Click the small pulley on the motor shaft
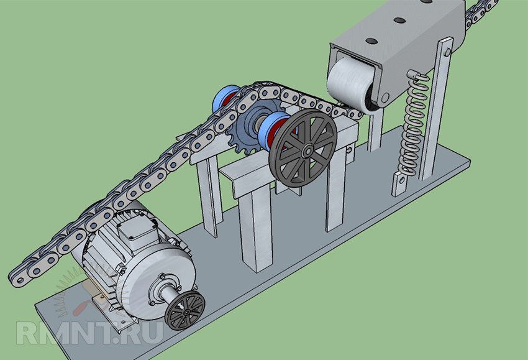tap(186, 310)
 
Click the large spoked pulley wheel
tap(303, 149)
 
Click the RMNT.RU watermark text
tap(90, 333)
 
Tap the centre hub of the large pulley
tap(307, 150)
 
